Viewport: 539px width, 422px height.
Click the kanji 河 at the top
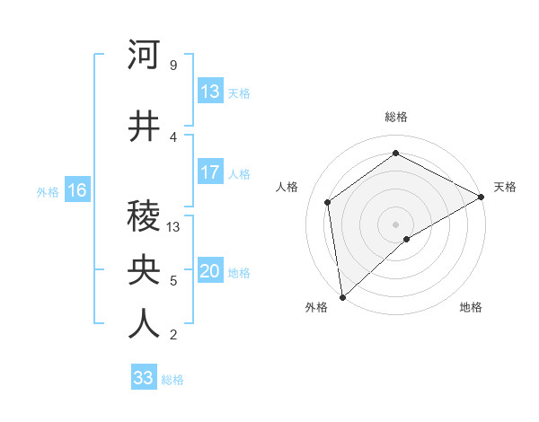pyautogui.click(x=144, y=56)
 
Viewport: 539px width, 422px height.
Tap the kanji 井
pyautogui.click(x=144, y=127)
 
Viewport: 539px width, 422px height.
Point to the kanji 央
pyautogui.click(x=144, y=270)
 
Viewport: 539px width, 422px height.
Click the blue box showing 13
pyautogui.click(x=210, y=92)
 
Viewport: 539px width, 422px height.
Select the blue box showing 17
pyautogui.click(x=210, y=172)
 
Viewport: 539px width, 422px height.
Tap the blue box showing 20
pyautogui.click(x=210, y=272)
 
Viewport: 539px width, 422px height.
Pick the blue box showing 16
pyautogui.click(x=77, y=190)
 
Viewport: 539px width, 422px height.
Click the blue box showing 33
pyautogui.click(x=144, y=378)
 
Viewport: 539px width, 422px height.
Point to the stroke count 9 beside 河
pyautogui.click(x=172, y=66)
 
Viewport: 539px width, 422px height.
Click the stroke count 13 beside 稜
pyautogui.click(x=173, y=227)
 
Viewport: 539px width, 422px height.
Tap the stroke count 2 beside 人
pyautogui.click(x=172, y=335)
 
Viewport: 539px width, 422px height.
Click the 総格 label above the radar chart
pyautogui.click(x=396, y=117)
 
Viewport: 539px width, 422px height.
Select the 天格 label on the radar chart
pyautogui.click(x=505, y=187)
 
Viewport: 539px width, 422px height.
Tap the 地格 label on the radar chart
pyautogui.click(x=471, y=308)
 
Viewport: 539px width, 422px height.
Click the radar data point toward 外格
pyautogui.click(x=342, y=296)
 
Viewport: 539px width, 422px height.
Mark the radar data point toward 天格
pyautogui.click(x=482, y=196)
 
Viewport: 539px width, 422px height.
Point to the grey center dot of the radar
pyautogui.click(x=395, y=223)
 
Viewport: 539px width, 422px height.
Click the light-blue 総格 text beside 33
pyautogui.click(x=172, y=380)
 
